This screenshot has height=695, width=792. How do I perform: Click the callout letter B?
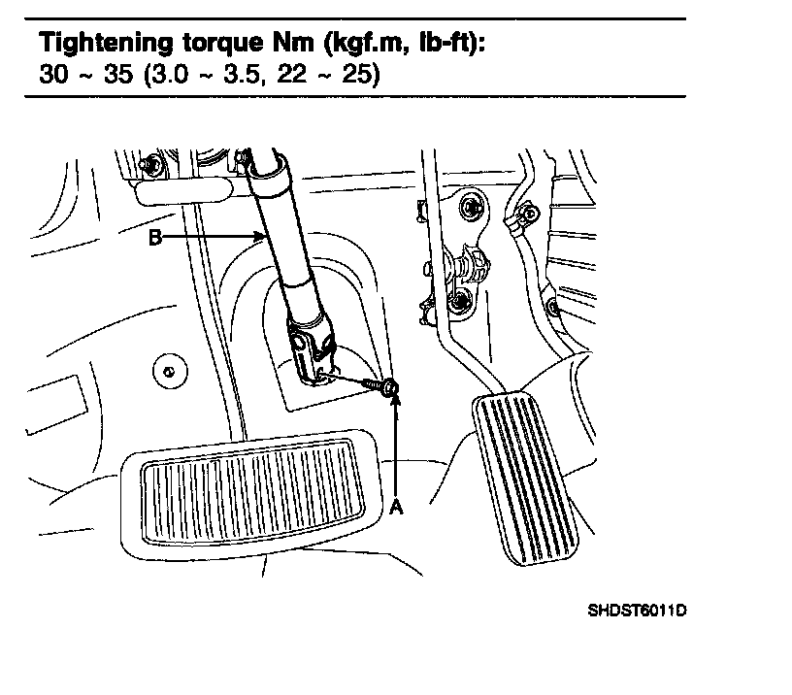point(156,236)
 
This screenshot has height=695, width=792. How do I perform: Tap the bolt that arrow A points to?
point(389,389)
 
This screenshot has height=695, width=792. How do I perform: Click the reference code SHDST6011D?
point(637,612)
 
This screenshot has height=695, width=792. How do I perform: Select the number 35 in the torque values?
point(117,75)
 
